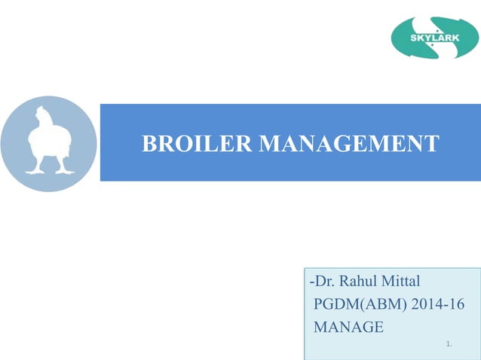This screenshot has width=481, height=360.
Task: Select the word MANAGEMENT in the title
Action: pyautogui.click(x=349, y=143)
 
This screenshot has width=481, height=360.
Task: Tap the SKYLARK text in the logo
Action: pyautogui.click(x=435, y=38)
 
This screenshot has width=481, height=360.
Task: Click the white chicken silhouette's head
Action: pyautogui.click(x=44, y=117)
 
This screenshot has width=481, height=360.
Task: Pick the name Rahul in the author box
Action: pyautogui.click(x=357, y=282)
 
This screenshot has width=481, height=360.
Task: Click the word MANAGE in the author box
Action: pyautogui.click(x=348, y=326)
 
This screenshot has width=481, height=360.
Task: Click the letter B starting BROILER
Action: pyautogui.click(x=149, y=143)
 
